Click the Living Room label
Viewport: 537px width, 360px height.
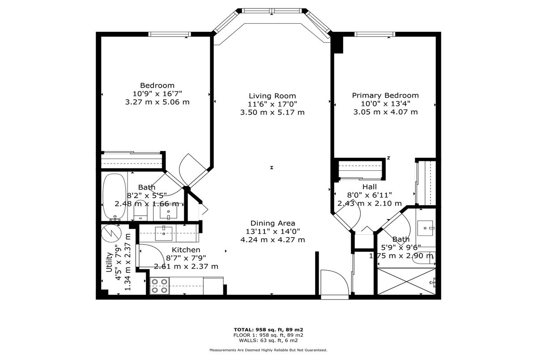273,96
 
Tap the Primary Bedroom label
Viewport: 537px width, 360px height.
385,96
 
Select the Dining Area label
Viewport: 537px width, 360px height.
273,223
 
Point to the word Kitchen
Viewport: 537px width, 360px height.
186,250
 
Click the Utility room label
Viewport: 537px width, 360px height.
109,262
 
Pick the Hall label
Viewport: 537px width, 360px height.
370,187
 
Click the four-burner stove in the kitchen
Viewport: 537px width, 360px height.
159,286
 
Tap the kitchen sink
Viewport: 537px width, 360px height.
164,233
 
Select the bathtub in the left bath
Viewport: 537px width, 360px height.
115,196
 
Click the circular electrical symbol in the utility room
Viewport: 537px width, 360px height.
111,233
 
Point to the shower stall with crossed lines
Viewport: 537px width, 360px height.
407,281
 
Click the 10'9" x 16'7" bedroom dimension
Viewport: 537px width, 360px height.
157,93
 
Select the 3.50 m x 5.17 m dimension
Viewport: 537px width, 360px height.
273,112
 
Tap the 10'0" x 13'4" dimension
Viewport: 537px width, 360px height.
385,104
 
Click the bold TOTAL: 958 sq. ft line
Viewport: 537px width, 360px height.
268,330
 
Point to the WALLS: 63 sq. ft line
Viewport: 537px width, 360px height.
268,340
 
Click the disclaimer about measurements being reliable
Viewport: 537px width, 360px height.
268,350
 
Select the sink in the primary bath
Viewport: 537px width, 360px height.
425,228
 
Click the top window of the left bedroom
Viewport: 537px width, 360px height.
170,34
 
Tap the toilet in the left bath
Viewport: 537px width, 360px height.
140,210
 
